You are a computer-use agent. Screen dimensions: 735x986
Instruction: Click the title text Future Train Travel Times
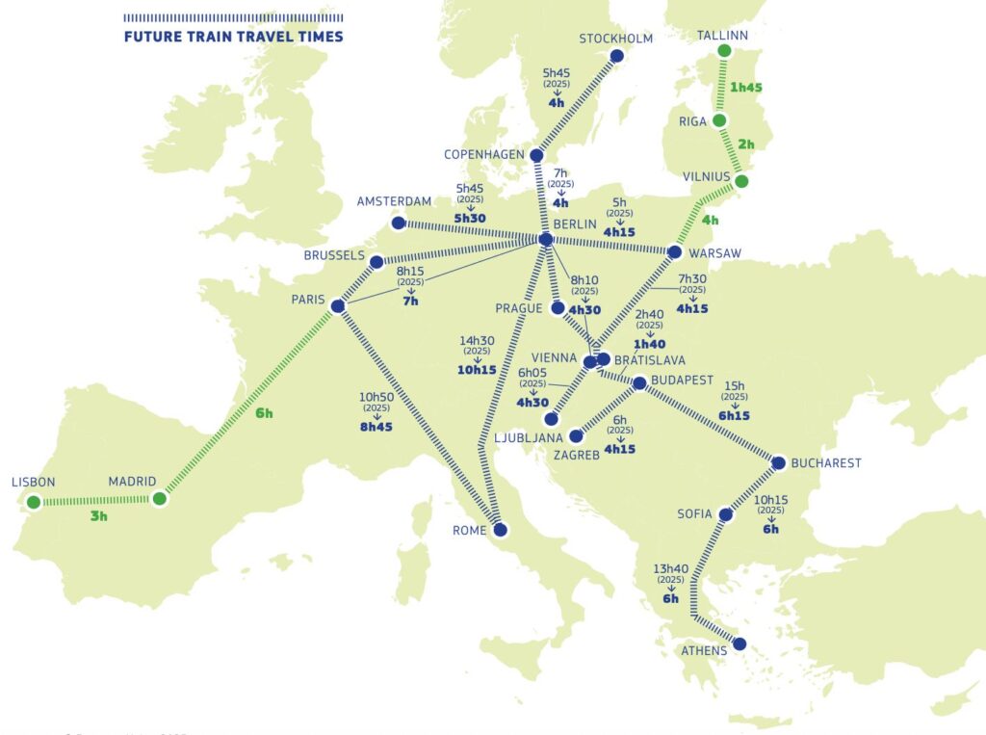(233, 38)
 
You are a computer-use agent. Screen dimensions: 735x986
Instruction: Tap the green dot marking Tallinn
(725, 51)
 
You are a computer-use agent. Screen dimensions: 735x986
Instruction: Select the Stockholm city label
(616, 39)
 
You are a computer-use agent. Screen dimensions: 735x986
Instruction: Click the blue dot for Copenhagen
(537, 155)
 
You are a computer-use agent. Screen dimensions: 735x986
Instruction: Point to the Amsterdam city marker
(398, 223)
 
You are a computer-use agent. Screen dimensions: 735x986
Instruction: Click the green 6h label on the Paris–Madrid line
(264, 413)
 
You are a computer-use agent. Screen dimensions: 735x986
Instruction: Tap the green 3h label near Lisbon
(99, 517)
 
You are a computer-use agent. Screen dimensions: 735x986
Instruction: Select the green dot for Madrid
(160, 499)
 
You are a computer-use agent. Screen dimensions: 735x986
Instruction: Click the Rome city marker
(500, 530)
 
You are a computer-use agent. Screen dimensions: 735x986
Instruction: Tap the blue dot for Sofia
(726, 515)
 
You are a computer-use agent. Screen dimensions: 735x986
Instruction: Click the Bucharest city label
(825, 463)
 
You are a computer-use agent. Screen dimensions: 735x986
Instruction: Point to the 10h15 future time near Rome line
(479, 370)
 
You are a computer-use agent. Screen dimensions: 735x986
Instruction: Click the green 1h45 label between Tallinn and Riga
(746, 87)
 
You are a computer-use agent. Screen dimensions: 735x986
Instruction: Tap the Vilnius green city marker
(740, 181)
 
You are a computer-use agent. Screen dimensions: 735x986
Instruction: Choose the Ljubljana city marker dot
(550, 420)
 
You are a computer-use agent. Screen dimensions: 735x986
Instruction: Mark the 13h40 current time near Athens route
(670, 568)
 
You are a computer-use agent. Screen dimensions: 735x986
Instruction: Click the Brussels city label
(334, 256)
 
